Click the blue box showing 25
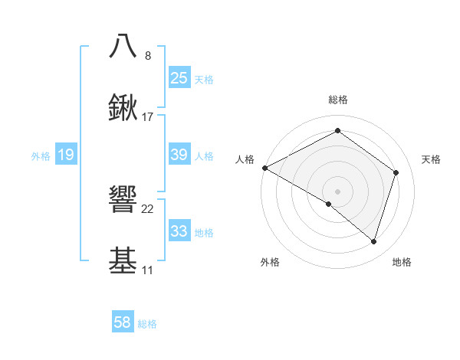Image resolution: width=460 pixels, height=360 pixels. pyautogui.click(x=179, y=78)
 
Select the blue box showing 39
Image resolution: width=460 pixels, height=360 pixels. pyautogui.click(x=179, y=155)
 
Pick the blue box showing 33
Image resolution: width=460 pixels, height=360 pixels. pyautogui.click(x=179, y=231)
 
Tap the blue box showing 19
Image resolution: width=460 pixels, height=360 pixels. pyautogui.click(x=66, y=155)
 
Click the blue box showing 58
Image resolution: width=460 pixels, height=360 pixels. pyautogui.click(x=123, y=323)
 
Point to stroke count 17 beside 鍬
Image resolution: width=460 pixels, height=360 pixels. pyautogui.click(x=148, y=117)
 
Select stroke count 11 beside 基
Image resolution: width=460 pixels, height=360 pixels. pyautogui.click(x=147, y=270)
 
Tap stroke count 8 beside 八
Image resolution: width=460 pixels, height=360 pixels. pyautogui.click(x=148, y=55)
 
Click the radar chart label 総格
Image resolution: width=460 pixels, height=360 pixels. pyautogui.click(x=338, y=100)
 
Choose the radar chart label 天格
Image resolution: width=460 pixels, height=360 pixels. pyautogui.click(x=431, y=159)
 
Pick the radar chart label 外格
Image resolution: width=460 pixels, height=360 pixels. pyautogui.click(x=270, y=263)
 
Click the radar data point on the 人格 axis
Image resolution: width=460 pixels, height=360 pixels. pyautogui.click(x=264, y=168)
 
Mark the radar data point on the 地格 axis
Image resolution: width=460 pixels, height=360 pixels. pyautogui.click(x=374, y=242)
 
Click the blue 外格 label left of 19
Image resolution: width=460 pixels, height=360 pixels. pyautogui.click(x=41, y=156)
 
